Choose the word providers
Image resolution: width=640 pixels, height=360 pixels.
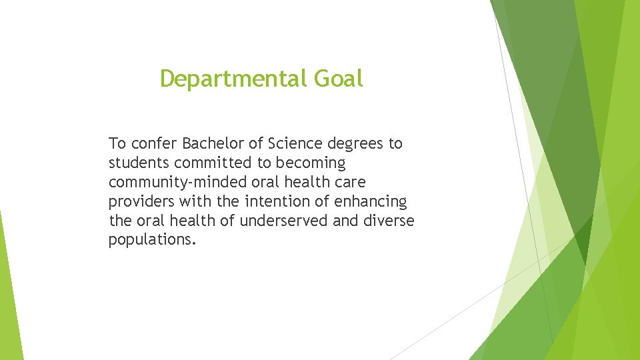(141, 201)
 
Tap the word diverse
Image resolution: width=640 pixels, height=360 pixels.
(389, 221)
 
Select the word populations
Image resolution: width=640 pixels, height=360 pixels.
(152, 240)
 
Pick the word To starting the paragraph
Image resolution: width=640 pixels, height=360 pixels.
(117, 143)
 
